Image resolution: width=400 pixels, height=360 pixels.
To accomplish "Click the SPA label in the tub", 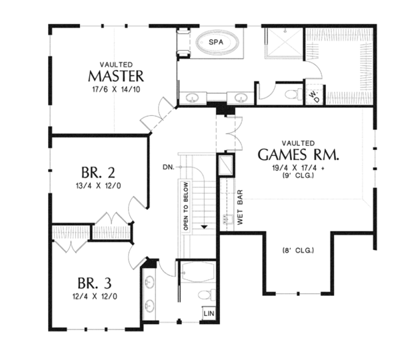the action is [x=216, y=42].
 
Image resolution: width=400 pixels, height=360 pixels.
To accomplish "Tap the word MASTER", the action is [x=116, y=76].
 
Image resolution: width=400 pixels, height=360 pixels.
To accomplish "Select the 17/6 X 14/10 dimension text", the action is [x=116, y=89].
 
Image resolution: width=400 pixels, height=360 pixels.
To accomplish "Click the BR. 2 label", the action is [x=98, y=172].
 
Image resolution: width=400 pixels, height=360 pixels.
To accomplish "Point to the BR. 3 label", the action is [x=95, y=283].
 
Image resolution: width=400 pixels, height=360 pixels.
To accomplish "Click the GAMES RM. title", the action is [x=299, y=155].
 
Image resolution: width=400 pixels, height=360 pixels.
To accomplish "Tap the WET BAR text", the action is [x=240, y=207].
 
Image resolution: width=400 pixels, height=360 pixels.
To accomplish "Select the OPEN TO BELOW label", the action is [x=186, y=206].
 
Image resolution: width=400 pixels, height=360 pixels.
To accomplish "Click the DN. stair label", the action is [x=169, y=167].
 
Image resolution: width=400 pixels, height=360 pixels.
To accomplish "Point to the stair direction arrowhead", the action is [x=205, y=227].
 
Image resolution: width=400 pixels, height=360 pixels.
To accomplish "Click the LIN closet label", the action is [x=209, y=313].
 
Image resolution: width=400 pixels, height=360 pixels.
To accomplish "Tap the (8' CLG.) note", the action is [x=298, y=251].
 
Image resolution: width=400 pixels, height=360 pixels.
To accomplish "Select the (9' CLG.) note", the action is [x=298, y=175].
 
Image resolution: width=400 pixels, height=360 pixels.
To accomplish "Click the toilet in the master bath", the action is [x=293, y=94].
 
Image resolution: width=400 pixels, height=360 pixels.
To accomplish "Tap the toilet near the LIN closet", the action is [x=207, y=295].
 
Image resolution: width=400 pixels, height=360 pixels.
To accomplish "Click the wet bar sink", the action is [x=228, y=219].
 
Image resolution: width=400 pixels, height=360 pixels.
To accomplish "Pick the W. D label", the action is [x=314, y=97].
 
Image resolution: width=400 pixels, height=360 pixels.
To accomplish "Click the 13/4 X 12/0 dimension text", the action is [x=98, y=186].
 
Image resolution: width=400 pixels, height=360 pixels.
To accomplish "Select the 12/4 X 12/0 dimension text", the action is [x=95, y=297].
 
